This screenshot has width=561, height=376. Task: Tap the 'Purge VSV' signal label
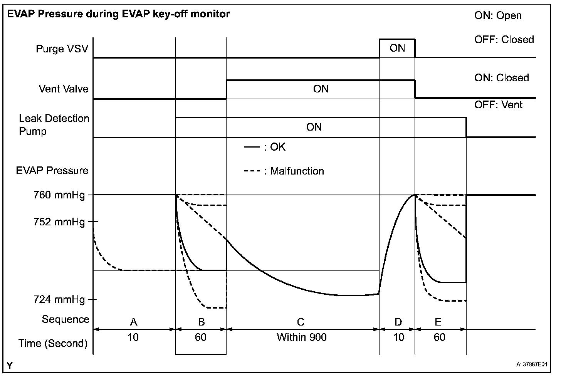[x=62, y=49]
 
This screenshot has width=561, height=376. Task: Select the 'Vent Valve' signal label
[x=64, y=89]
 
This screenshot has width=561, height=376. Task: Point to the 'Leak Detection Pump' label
[x=54, y=124]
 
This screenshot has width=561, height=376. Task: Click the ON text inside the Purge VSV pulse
[x=397, y=48]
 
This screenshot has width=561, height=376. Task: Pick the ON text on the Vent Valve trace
[x=321, y=89]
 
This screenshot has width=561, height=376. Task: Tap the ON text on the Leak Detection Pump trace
[x=314, y=127]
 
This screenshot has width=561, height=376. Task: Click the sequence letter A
[x=134, y=322]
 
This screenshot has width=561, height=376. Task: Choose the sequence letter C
[x=301, y=322]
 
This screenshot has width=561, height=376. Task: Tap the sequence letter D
[x=398, y=322]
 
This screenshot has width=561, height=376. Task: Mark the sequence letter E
[x=438, y=322]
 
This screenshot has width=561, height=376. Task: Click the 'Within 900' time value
[x=302, y=337]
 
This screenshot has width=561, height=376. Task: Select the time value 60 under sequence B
[x=200, y=337]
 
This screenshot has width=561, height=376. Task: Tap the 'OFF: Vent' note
[x=498, y=105]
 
